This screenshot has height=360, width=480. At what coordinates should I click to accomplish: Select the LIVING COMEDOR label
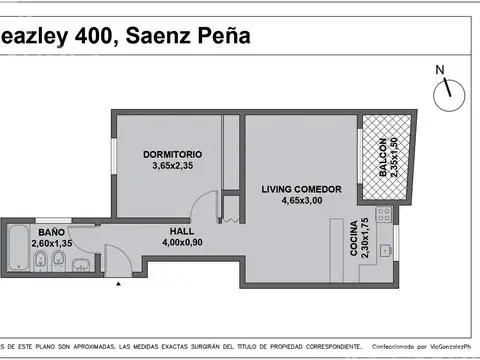pyautogui.click(x=302, y=189)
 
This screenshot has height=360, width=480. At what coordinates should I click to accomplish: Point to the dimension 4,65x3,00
pyautogui.click(x=302, y=200)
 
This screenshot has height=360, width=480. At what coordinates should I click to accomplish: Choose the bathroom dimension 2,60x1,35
pyautogui.click(x=51, y=243)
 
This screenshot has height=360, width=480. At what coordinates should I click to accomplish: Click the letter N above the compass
pyautogui.click(x=439, y=69)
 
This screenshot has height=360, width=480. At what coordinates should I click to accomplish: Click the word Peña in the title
pyautogui.click(x=222, y=38)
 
